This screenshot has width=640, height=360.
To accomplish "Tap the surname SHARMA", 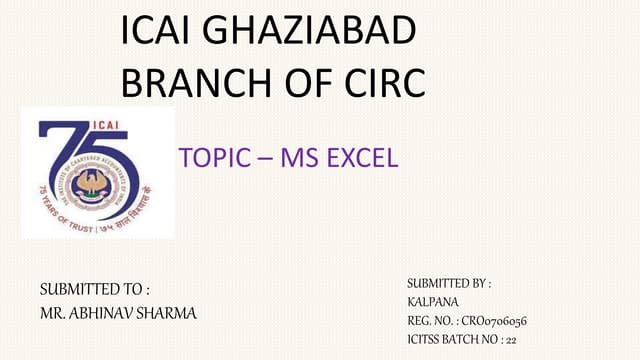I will point(171,313).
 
